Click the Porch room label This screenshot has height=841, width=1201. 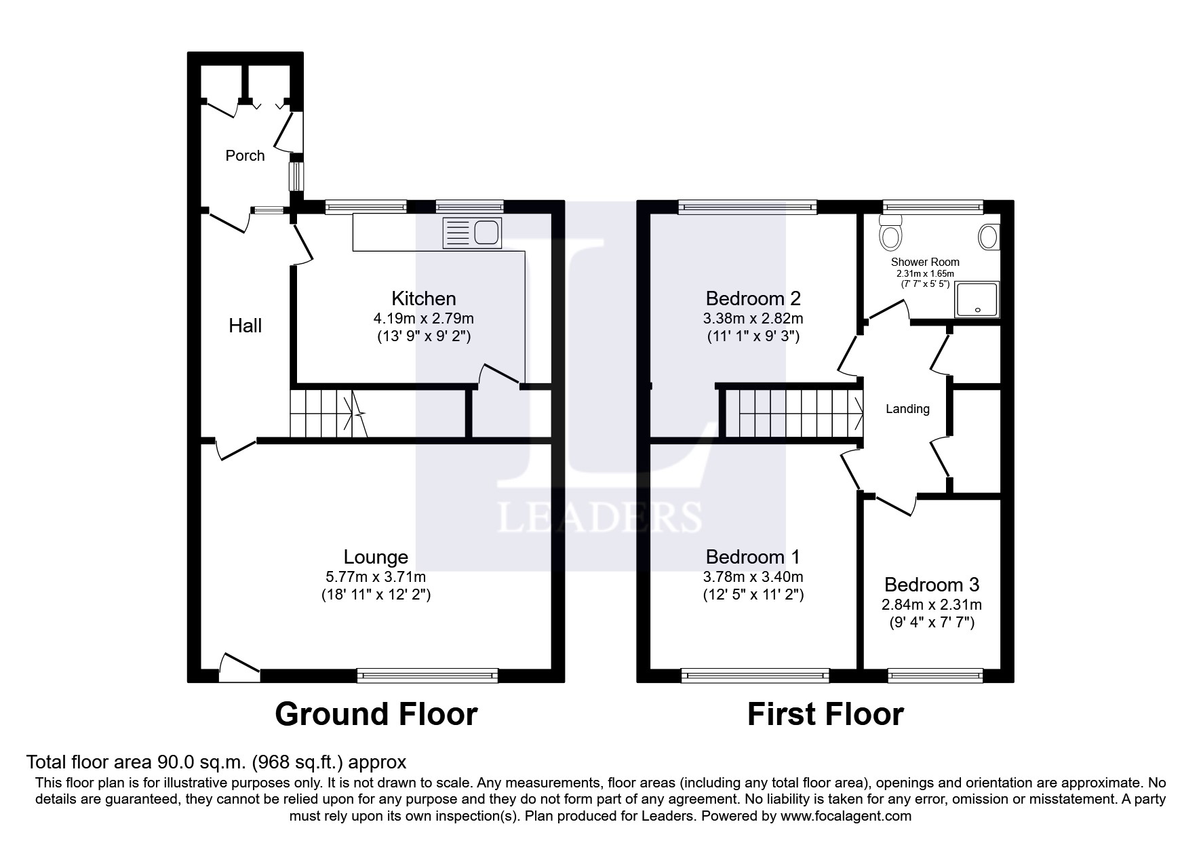tap(245, 155)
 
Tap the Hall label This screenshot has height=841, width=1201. tap(245, 326)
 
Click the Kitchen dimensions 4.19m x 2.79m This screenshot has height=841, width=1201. tap(423, 318)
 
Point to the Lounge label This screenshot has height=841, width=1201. tap(376, 557)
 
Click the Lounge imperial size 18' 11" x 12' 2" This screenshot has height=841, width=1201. tap(376, 595)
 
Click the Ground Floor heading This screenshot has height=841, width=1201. tap(376, 714)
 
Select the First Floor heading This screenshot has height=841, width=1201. tap(825, 714)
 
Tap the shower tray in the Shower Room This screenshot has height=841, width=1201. tap(977, 300)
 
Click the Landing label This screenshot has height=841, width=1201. tap(907, 409)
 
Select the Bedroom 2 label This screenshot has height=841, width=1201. tap(753, 298)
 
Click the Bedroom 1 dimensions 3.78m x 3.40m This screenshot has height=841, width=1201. tap(753, 577)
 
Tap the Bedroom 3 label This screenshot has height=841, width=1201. tap(931, 585)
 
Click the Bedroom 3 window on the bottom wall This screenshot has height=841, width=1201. tap(935, 675)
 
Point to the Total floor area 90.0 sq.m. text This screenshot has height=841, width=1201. tap(216, 762)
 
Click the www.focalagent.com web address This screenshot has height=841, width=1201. tap(846, 816)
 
